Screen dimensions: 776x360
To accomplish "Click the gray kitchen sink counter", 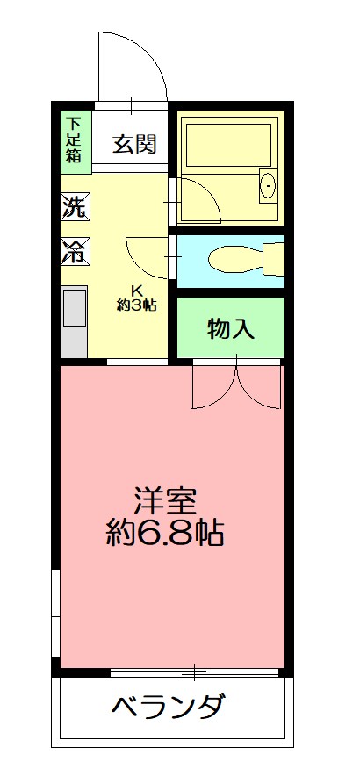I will pos(74,321).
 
